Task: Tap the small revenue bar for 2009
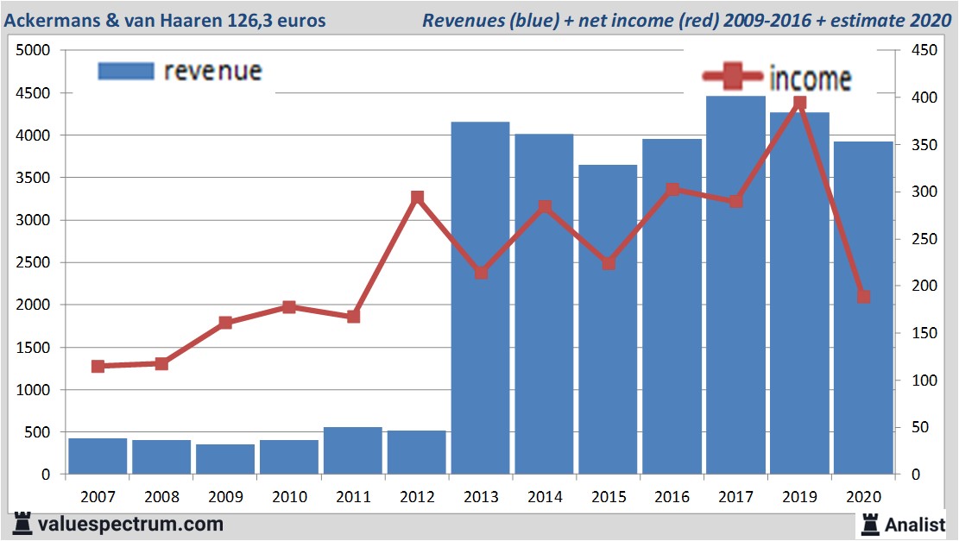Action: [225, 459]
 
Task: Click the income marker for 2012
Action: [417, 198]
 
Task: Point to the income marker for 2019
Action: [799, 104]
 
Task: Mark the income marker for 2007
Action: [98, 367]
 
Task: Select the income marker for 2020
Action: [863, 297]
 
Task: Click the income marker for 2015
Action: [609, 263]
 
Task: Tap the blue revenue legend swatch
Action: [126, 71]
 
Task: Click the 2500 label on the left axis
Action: [34, 262]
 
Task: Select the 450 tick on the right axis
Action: [913, 51]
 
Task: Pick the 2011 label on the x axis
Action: [353, 497]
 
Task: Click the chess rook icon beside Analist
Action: [868, 524]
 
